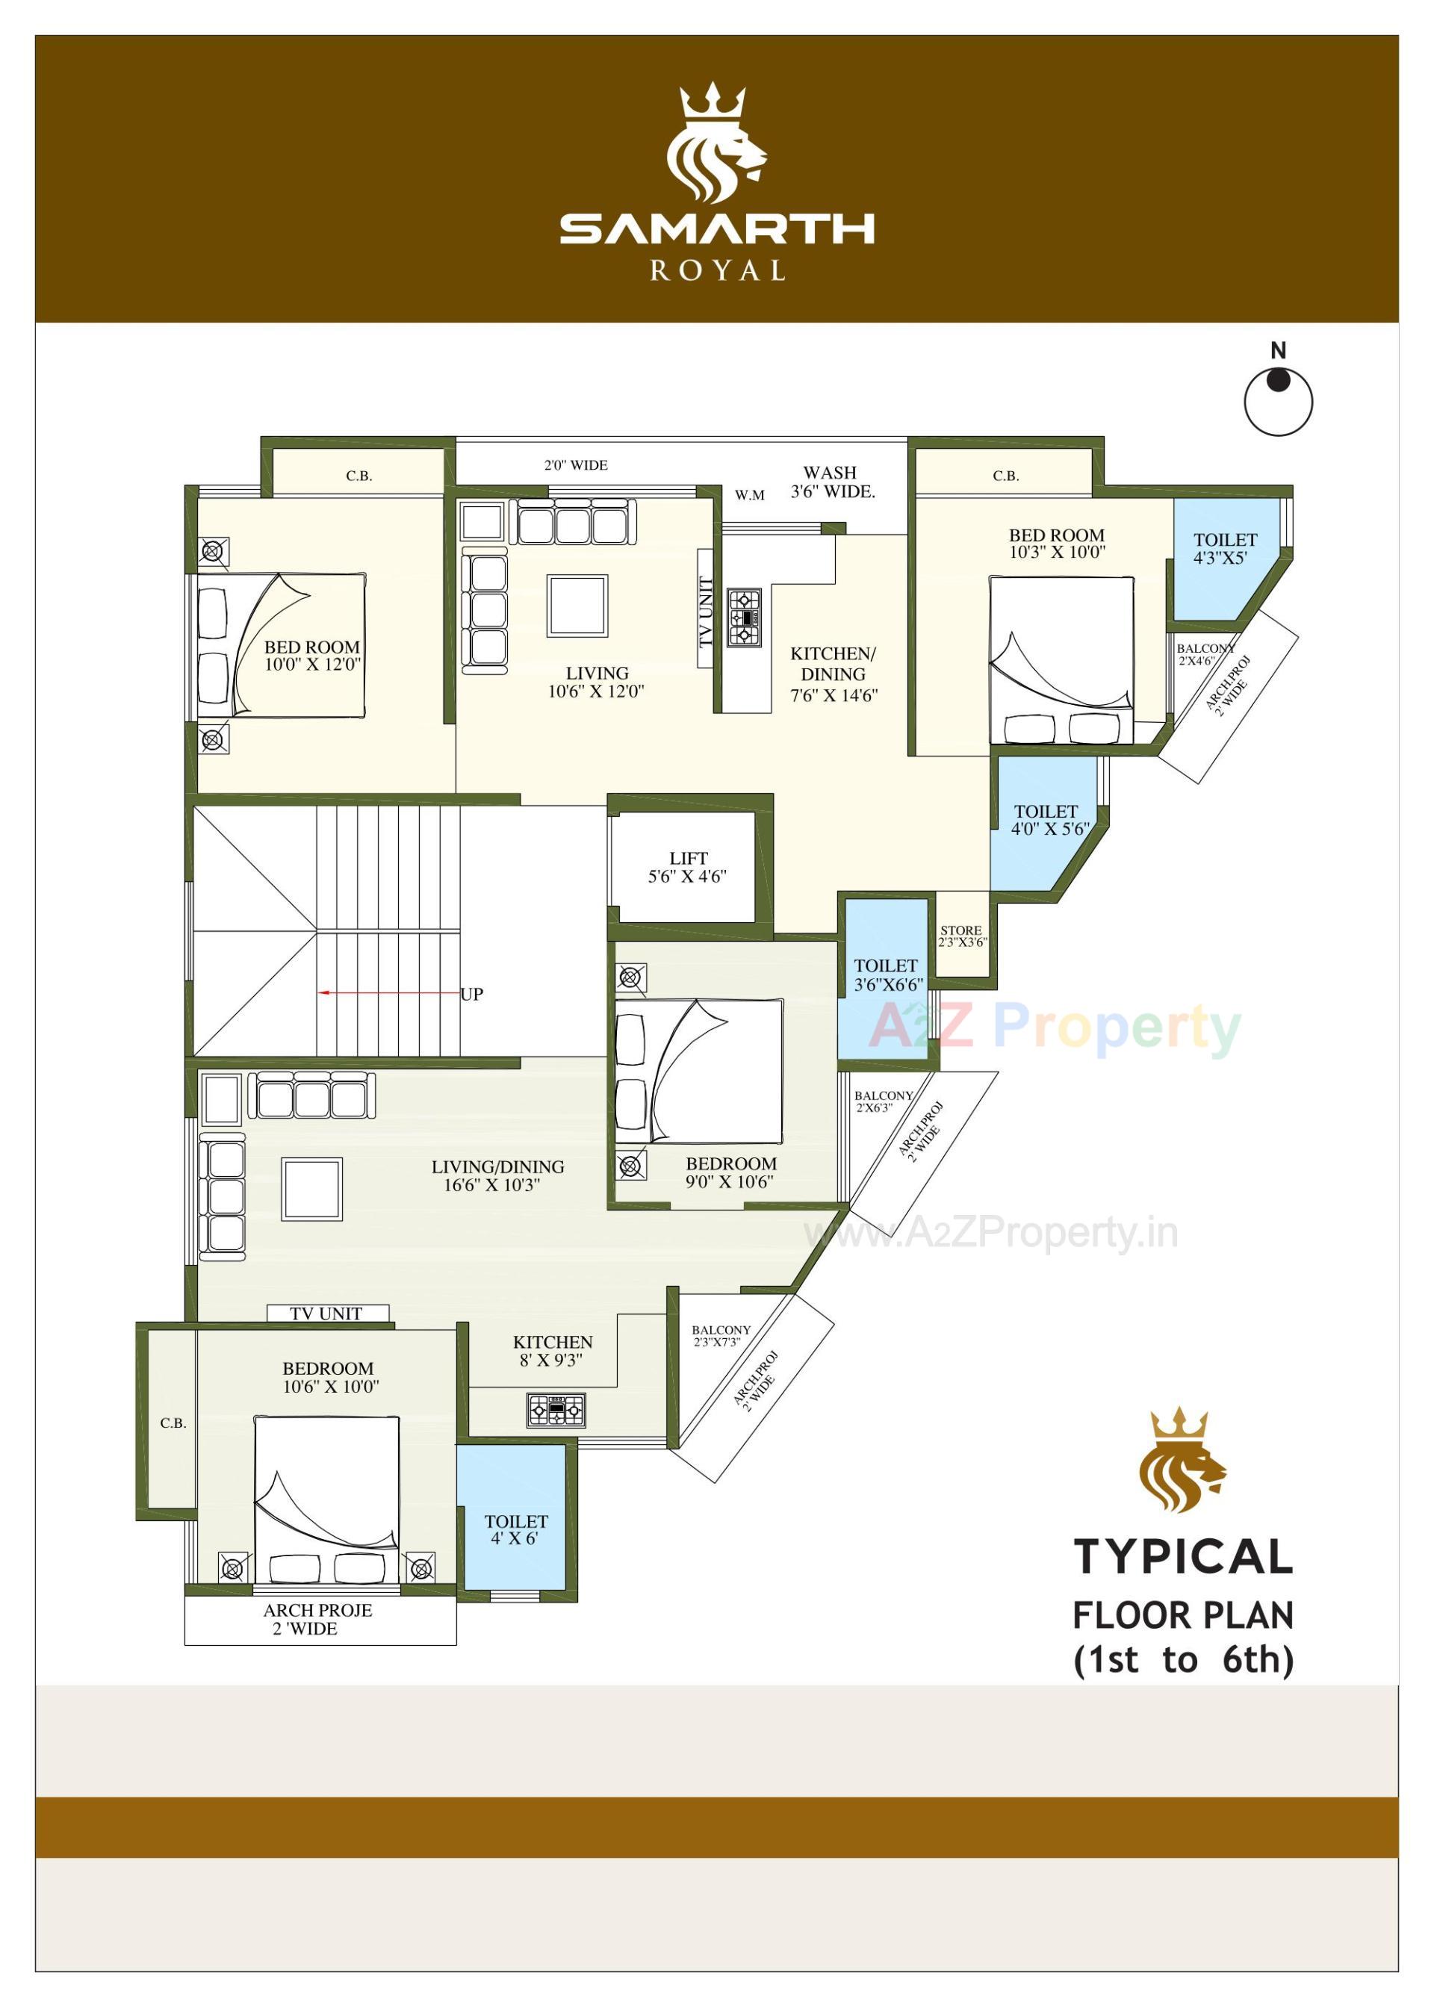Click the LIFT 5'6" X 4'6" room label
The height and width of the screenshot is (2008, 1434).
687,867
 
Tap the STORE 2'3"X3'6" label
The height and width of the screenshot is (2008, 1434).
961,936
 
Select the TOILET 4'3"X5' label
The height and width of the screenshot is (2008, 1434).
1225,548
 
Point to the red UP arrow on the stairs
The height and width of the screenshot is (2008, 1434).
388,993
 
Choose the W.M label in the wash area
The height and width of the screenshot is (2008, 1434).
749,495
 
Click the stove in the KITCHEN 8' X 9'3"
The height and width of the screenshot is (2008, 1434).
556,1411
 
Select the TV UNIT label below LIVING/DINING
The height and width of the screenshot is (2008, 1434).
326,1314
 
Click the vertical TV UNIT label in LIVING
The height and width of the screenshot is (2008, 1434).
704,612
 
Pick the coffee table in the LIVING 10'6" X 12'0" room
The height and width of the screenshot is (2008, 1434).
577,605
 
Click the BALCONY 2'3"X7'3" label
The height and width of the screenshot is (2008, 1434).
721,1335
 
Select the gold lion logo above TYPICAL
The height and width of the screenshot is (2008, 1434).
1182,1461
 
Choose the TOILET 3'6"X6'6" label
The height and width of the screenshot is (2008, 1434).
887,975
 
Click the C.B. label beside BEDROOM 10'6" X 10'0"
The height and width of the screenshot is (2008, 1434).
173,1423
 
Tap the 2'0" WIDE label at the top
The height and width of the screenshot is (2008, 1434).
576,465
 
